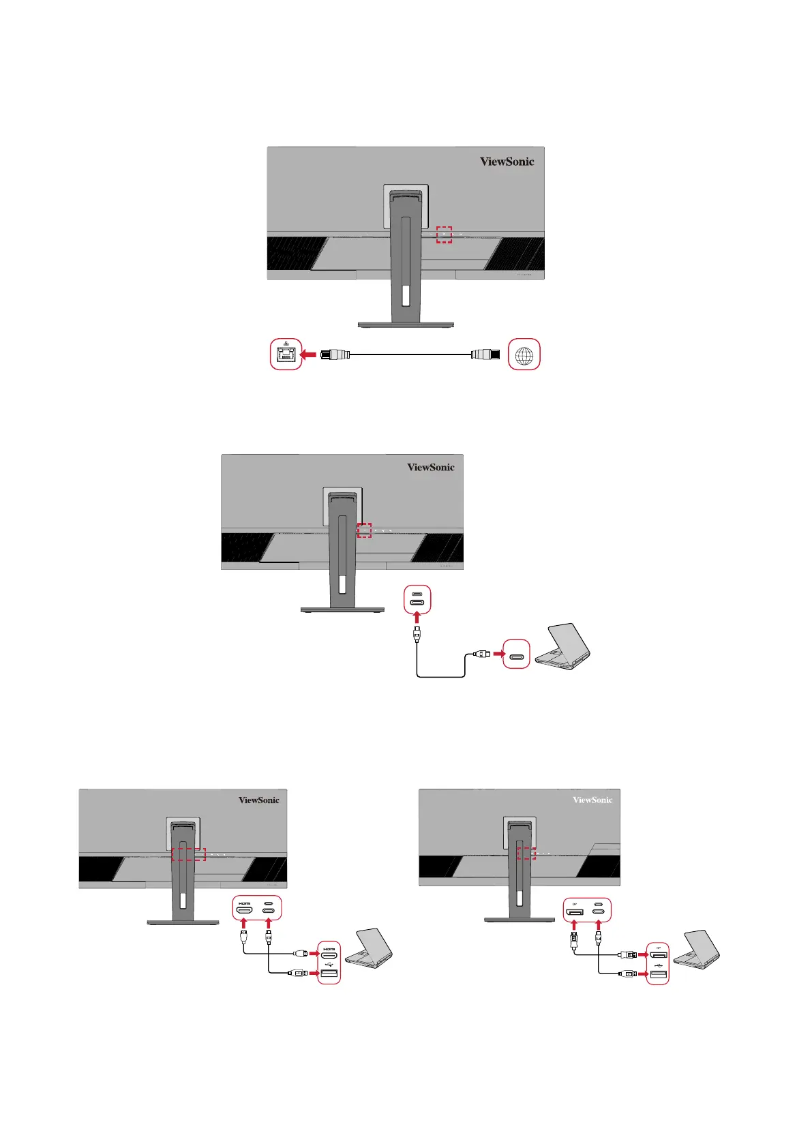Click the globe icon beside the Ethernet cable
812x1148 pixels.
524,354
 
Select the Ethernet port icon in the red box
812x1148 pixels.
286,354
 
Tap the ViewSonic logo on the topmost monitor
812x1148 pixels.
507,162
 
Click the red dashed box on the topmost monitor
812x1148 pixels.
444,235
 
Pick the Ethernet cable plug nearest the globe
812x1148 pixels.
485,354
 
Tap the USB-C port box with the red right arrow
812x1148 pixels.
516,654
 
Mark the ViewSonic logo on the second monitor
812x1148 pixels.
430,468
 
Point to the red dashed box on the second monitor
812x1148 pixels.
365,530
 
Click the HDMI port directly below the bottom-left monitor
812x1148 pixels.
244,909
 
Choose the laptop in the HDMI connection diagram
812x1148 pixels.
369,948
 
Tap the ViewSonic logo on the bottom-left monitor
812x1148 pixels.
258,800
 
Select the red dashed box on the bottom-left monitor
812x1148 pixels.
188,854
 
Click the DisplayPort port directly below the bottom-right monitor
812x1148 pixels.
575,911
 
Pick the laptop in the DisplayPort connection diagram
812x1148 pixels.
697,948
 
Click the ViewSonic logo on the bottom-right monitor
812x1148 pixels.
592,800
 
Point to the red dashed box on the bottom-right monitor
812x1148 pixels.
526,853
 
